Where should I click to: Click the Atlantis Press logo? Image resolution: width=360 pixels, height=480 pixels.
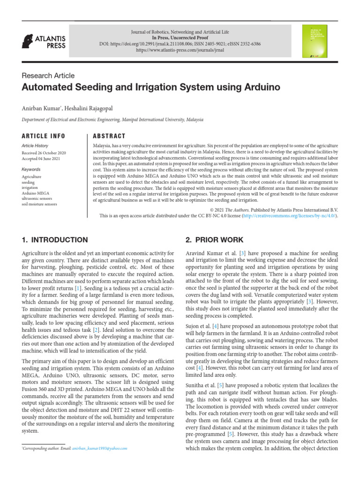(x=44, y=42)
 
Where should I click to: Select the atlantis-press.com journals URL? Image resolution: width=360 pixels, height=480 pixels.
(x=180, y=50)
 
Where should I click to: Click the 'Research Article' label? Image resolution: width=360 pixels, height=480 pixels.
(x=48, y=75)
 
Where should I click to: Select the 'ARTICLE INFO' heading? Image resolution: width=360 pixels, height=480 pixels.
(x=44, y=136)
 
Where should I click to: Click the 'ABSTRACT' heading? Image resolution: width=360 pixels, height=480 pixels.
(x=110, y=136)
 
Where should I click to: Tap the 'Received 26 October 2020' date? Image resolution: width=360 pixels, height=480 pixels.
(x=44, y=153)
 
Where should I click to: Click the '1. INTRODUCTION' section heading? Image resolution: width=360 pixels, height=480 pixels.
(x=54, y=240)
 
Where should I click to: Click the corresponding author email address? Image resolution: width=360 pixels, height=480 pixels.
(x=99, y=448)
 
